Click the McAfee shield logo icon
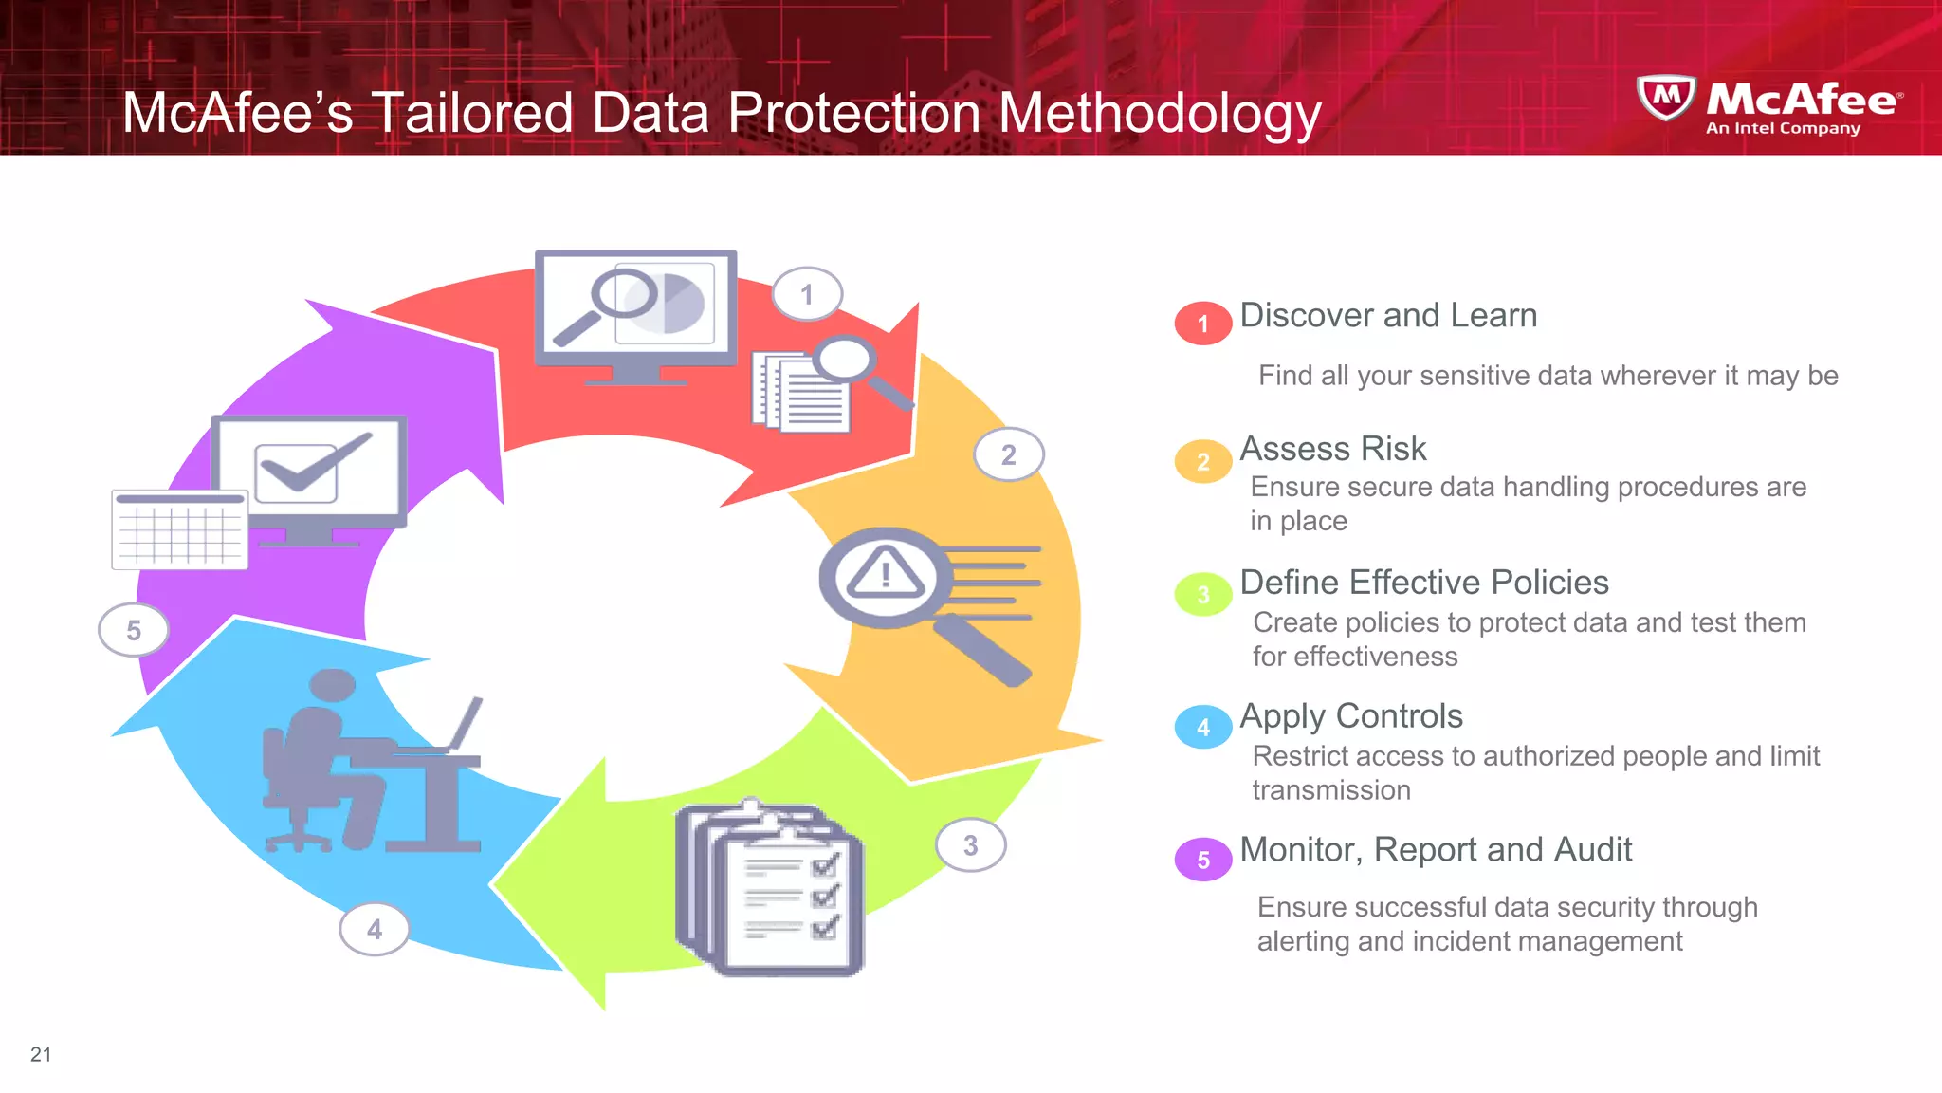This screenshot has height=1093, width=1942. (x=1666, y=97)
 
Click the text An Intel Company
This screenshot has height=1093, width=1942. (x=1783, y=128)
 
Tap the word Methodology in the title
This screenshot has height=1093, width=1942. (x=1160, y=113)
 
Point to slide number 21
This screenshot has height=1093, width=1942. (x=41, y=1054)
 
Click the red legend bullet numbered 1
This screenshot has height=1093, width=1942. (x=1202, y=324)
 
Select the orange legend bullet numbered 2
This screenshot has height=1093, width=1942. (x=1202, y=461)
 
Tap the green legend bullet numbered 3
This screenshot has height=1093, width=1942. (x=1202, y=595)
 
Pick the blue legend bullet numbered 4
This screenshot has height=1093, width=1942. (x=1202, y=728)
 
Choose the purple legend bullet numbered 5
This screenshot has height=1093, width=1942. (x=1202, y=860)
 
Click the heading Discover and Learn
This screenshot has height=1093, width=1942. (x=1387, y=315)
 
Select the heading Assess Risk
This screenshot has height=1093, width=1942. (x=1332, y=449)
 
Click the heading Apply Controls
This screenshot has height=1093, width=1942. (x=1350, y=716)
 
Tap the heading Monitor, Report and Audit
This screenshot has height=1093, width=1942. (x=1435, y=850)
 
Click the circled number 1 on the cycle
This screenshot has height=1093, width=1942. (x=807, y=294)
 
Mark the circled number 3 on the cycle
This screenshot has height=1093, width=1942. (x=970, y=845)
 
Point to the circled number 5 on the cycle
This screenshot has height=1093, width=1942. (x=134, y=630)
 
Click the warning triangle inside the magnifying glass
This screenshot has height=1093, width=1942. (x=885, y=573)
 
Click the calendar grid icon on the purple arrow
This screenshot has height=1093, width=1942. (x=179, y=529)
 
